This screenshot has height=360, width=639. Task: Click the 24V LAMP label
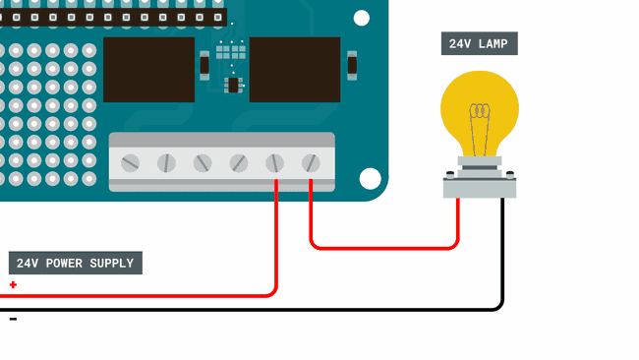479,43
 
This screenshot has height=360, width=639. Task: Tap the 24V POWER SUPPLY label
76,263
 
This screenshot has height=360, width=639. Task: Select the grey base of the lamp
479,184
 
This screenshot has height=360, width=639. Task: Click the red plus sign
13,285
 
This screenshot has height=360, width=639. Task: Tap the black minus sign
13,319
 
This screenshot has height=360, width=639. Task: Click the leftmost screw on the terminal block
130,162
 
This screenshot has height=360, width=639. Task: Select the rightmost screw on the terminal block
311,162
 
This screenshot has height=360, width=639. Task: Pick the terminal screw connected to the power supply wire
275,162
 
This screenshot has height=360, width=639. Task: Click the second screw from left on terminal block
166,162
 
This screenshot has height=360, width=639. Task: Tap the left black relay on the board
148,70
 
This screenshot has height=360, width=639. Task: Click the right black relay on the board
295,70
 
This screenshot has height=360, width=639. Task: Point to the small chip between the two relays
233,86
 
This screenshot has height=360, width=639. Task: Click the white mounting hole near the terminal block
370,178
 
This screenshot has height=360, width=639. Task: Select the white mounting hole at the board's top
362,18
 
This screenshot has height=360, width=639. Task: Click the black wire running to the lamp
502,256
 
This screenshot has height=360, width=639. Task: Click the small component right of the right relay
351,66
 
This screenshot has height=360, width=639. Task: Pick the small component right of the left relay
204,66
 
